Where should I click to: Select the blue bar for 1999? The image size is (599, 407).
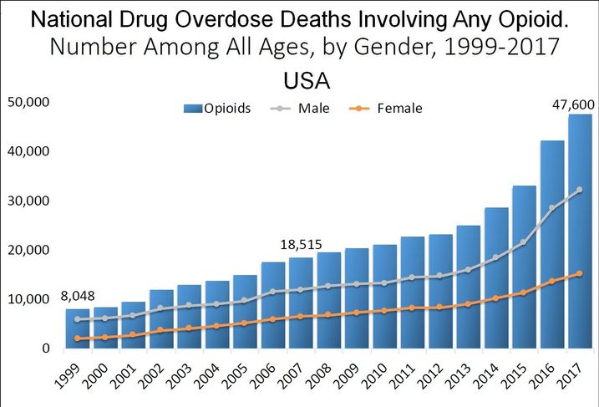click(x=78, y=328)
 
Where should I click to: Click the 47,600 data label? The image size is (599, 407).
click(x=574, y=104)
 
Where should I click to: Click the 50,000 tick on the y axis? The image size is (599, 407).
click(x=29, y=103)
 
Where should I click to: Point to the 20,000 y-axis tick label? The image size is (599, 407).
click(x=29, y=250)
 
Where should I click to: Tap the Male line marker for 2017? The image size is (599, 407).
click(x=580, y=190)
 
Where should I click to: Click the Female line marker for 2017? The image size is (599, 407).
click(x=580, y=273)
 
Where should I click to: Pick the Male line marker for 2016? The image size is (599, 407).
click(x=551, y=208)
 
